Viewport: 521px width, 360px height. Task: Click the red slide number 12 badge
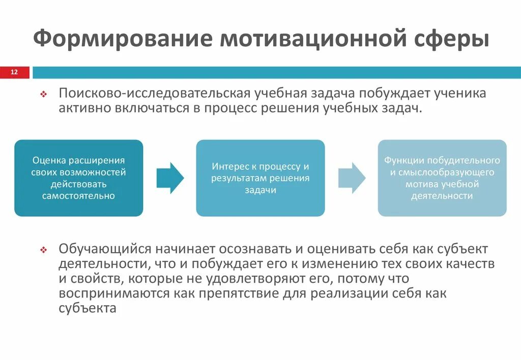pyautogui.click(x=14, y=72)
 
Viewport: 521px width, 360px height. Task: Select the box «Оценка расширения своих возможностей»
pyautogui.click(x=79, y=178)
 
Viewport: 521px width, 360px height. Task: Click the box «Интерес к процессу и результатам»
pyautogui.click(x=260, y=178)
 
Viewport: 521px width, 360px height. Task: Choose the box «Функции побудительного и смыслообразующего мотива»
pyautogui.click(x=442, y=178)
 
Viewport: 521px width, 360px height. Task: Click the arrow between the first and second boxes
pyautogui.click(x=170, y=178)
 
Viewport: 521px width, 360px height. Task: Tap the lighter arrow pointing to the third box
pyautogui.click(x=352, y=178)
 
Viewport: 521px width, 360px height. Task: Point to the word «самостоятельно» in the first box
pyautogui.click(x=79, y=196)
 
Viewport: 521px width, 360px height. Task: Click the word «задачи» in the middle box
pyautogui.click(x=260, y=190)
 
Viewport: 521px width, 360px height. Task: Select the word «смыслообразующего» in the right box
pyautogui.click(x=442, y=172)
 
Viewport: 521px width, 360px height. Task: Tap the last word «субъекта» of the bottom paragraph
pyautogui.click(x=88, y=308)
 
